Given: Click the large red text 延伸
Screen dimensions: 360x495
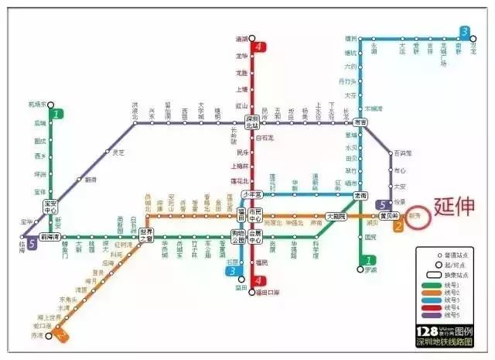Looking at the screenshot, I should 456,207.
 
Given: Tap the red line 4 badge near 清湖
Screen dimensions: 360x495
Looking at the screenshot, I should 258,47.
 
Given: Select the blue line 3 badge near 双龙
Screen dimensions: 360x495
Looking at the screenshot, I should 464,32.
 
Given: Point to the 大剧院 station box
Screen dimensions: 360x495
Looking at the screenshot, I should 336,217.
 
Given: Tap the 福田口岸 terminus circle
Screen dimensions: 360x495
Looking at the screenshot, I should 252,292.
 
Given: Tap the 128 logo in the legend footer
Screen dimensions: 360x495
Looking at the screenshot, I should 428,331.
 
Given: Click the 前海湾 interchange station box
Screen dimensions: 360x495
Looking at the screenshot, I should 51,236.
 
